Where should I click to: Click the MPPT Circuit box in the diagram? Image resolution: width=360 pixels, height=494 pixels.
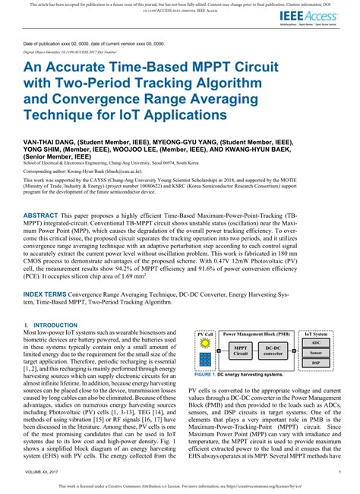[240, 350]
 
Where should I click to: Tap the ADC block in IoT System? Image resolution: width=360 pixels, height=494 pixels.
[316, 342]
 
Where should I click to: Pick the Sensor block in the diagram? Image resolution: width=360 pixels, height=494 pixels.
[316, 353]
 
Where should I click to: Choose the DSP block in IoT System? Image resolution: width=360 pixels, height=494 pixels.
[316, 363]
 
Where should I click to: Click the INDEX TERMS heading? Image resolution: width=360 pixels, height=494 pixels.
[48, 292]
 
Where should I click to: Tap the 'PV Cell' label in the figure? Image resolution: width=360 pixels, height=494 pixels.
[204, 333]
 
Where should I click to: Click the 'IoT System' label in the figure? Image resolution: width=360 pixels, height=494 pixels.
[316, 333]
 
